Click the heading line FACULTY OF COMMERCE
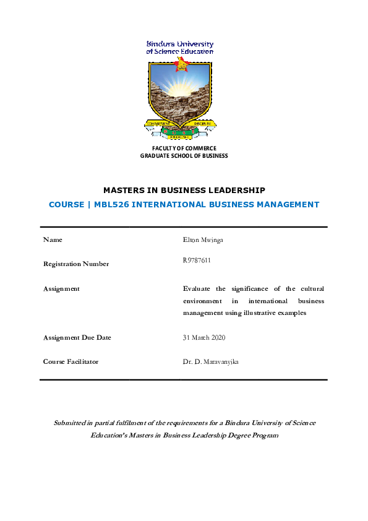[x=184, y=148]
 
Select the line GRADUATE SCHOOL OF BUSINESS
[x=184, y=156]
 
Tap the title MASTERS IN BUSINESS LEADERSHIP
[x=184, y=190]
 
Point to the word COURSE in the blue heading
[x=66, y=204]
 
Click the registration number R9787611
[x=197, y=260]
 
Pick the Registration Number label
[x=75, y=264]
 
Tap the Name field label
[x=53, y=239]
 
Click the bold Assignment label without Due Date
[x=61, y=289]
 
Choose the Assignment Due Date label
[x=77, y=337]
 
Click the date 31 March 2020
[x=203, y=337]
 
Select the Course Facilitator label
[x=71, y=361]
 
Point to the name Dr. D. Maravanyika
[x=210, y=361]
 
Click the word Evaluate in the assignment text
[x=197, y=289]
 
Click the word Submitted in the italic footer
[x=72, y=423]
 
